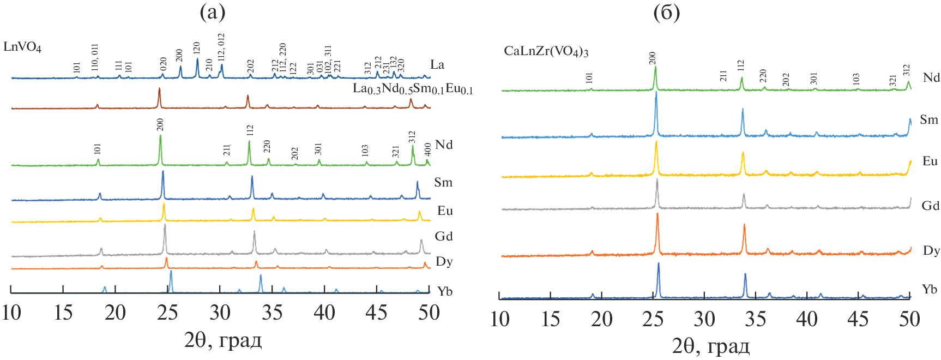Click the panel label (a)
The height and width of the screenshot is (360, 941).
coord(212,12)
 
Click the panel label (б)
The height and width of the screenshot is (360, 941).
coord(666,13)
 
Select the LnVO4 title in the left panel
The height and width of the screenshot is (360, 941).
coord(22,47)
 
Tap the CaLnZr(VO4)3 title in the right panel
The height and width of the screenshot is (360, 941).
coord(546,52)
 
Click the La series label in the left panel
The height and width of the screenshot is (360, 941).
coord(437,65)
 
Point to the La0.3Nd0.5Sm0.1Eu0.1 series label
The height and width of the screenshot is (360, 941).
coord(413,89)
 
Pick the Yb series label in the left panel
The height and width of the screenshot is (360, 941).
coord(445,291)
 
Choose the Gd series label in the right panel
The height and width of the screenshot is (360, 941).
coord(930,206)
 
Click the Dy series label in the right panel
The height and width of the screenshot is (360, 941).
coord(931,250)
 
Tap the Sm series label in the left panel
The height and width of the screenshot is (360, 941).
coord(443,183)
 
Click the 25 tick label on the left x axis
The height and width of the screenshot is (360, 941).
coord(167,313)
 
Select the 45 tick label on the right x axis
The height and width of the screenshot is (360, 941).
coord(858,319)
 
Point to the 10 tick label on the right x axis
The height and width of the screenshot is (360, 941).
coord(500,319)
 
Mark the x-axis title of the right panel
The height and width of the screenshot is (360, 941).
coord(710,346)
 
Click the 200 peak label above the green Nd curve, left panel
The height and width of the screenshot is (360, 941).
coord(160,125)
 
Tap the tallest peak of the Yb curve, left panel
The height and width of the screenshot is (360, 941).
coord(171,272)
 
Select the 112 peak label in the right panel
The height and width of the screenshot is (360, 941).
coord(740,65)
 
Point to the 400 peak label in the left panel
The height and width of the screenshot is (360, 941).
coord(428,149)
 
